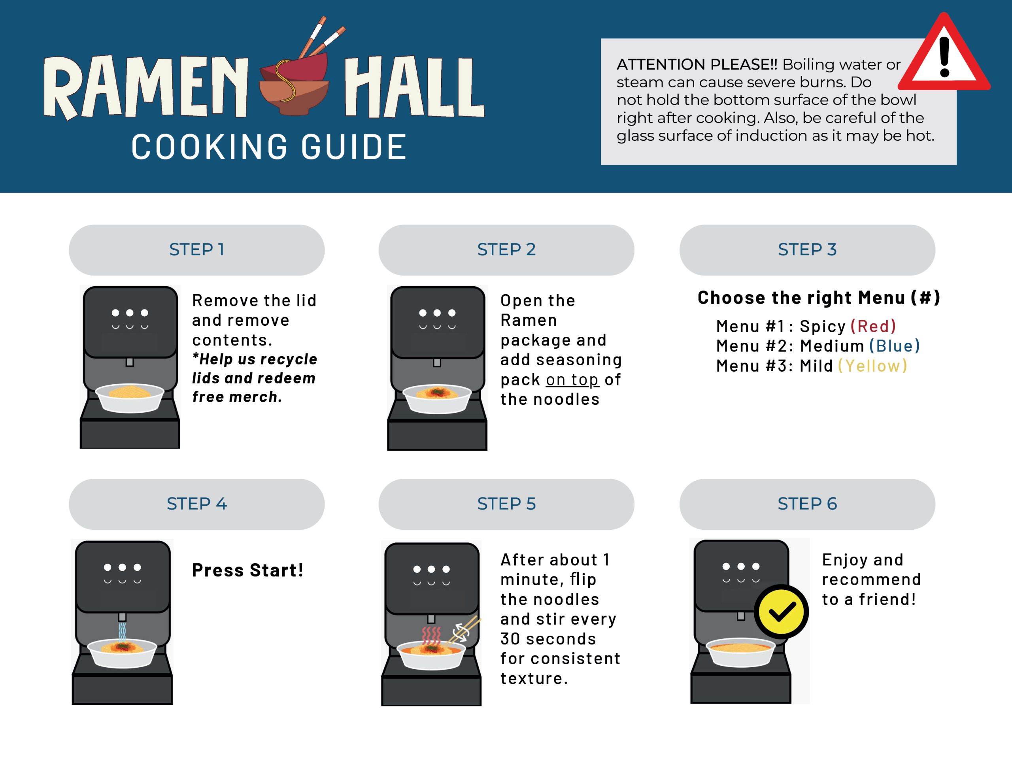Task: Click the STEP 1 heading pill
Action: [x=197, y=250]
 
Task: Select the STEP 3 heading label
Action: [x=807, y=250]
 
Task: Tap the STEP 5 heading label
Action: [x=506, y=504]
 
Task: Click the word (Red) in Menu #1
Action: [x=873, y=326]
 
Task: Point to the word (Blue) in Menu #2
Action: [x=895, y=346]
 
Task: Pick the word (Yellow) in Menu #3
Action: [x=872, y=366]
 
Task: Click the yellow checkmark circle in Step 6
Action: [x=782, y=612]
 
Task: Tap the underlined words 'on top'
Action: [x=572, y=380]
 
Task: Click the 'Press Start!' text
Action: [x=247, y=570]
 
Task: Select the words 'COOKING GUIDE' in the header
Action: [x=269, y=147]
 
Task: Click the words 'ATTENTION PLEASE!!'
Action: [x=697, y=64]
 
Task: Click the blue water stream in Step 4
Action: [x=122, y=632]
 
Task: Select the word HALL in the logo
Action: [x=414, y=87]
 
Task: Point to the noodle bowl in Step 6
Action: [x=741, y=652]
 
